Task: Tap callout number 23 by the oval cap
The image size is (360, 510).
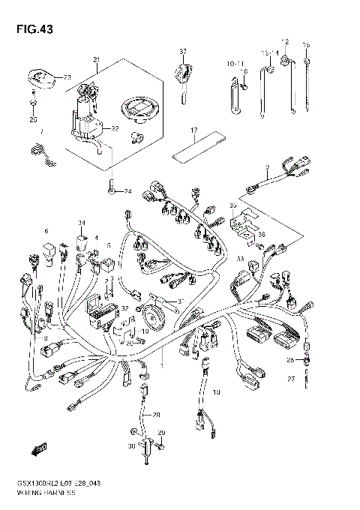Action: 67,77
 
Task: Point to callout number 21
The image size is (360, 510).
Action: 96,59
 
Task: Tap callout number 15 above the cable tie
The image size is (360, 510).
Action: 306,45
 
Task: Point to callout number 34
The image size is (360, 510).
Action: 81,223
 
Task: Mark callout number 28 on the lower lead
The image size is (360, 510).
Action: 157,414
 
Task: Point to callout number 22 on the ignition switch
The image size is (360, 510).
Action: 114,128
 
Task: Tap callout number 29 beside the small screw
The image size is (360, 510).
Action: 160,433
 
